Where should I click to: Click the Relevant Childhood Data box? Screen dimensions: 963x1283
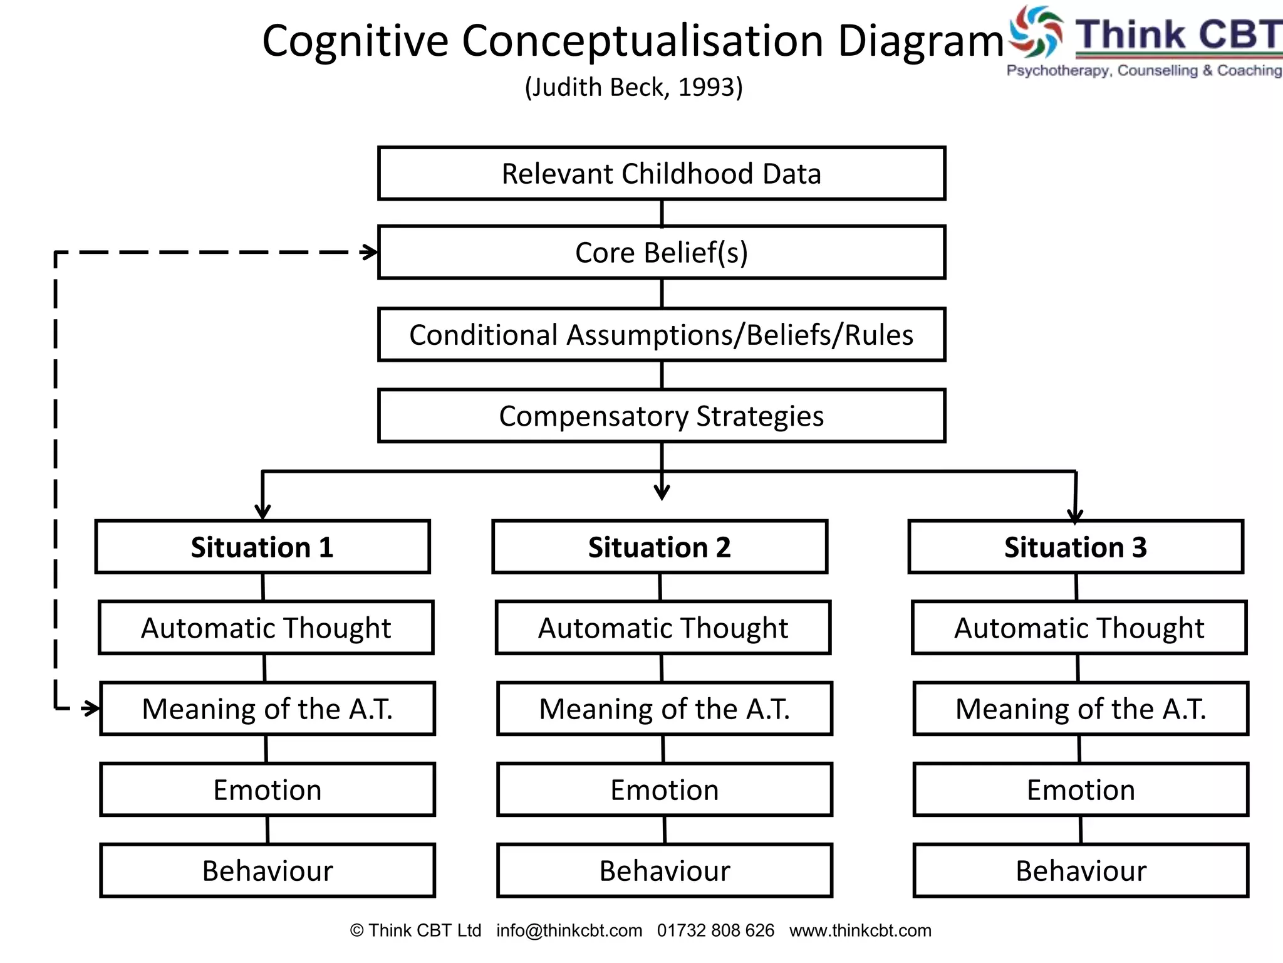click(x=662, y=174)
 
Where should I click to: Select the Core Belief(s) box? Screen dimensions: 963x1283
click(x=662, y=253)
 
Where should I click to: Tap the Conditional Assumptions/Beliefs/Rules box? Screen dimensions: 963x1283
click(x=662, y=335)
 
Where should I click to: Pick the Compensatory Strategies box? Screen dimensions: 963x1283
click(x=662, y=416)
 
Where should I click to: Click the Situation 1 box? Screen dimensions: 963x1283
click(x=262, y=547)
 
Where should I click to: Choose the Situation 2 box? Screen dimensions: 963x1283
click(x=660, y=547)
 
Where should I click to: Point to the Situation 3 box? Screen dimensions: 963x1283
click(x=1076, y=547)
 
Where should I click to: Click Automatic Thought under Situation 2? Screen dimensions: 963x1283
click(x=663, y=628)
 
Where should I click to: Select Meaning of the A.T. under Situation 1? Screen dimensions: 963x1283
click(x=268, y=709)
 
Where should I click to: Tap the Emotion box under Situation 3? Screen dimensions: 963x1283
click(x=1081, y=790)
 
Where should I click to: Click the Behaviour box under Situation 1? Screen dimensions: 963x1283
click(x=268, y=871)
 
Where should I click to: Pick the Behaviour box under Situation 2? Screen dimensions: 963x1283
click(x=665, y=871)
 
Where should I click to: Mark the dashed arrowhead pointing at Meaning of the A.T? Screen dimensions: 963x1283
click(x=92, y=709)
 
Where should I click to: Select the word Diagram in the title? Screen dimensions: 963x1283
click(x=921, y=41)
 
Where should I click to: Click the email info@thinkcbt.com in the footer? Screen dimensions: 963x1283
click(x=569, y=930)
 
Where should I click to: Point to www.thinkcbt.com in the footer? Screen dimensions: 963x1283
click(x=860, y=930)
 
